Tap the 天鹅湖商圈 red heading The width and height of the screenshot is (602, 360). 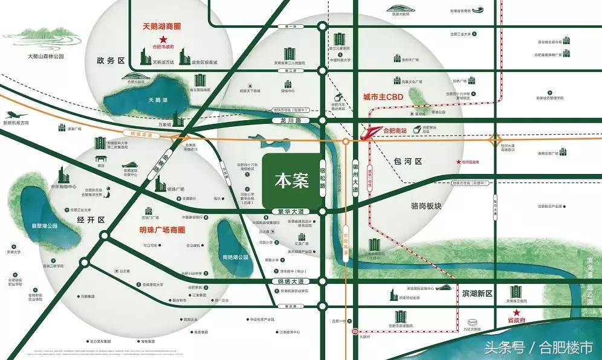[x=161, y=27]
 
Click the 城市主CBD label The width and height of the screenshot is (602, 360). [x=383, y=97]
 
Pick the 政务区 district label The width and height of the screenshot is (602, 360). [x=110, y=61]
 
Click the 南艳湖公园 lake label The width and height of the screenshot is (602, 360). [x=236, y=257]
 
